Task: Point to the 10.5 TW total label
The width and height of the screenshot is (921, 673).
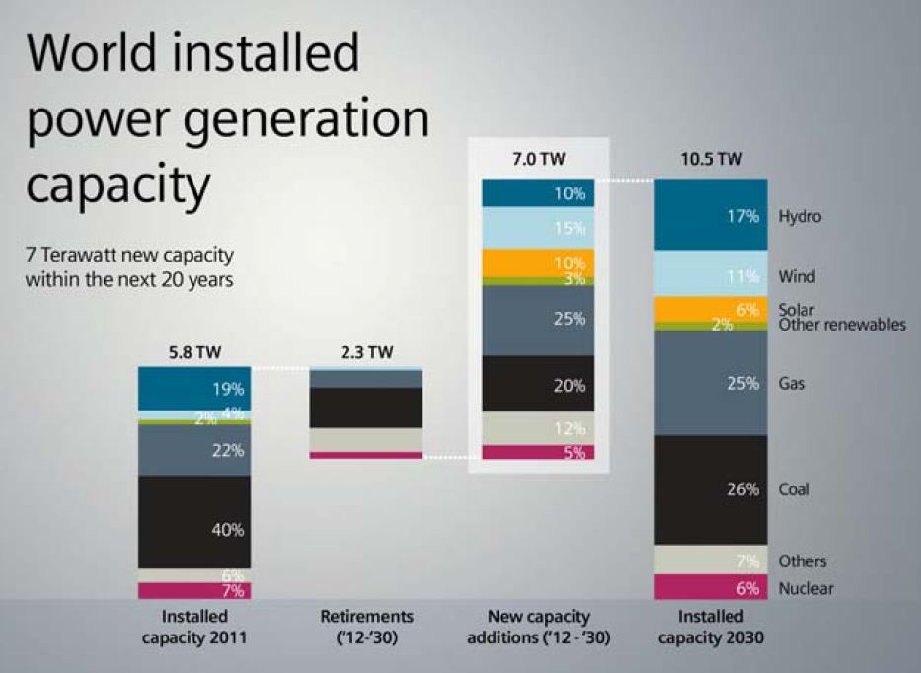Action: point(711,159)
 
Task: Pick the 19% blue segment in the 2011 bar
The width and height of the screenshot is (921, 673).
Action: point(194,387)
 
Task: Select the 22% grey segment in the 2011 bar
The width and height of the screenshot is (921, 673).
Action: point(194,449)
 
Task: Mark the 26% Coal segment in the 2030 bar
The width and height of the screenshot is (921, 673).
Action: point(711,489)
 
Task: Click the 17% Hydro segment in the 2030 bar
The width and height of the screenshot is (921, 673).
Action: point(711,214)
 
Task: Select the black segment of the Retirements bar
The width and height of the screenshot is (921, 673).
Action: point(366,407)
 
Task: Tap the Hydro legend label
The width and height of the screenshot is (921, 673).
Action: point(800,215)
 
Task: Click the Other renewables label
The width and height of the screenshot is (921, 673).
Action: point(841,325)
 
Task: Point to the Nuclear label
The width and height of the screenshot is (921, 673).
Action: point(806,589)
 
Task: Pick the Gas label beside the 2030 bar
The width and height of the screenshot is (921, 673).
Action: point(791,383)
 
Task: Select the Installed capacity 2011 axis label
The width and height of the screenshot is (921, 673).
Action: point(193,627)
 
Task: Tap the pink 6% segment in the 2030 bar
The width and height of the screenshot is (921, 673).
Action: point(711,587)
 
